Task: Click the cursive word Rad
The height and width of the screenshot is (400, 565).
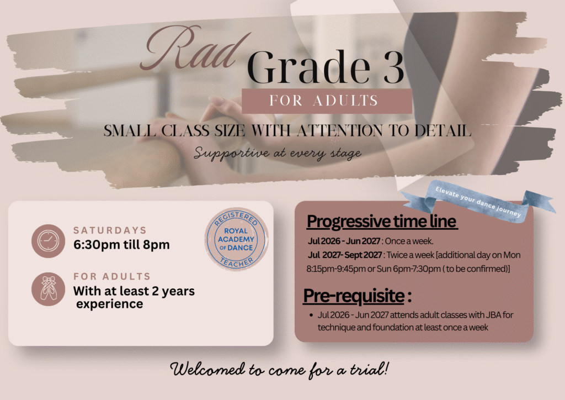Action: coord(195,49)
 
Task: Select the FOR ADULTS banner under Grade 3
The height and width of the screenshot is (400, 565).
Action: coord(327,101)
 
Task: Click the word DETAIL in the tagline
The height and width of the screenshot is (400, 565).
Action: coord(443,130)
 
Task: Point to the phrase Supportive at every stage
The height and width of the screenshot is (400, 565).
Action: coord(278,153)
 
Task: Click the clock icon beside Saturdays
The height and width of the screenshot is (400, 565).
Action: coord(49,241)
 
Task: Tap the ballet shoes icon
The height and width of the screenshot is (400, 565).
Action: coord(49,289)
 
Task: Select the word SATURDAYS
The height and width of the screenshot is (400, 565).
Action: coord(110,230)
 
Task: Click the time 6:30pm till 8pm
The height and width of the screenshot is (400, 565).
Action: coord(121,245)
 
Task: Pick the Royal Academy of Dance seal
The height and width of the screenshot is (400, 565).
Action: coord(236,239)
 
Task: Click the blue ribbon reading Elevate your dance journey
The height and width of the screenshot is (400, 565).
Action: coord(478,202)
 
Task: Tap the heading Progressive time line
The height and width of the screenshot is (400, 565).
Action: coord(382,222)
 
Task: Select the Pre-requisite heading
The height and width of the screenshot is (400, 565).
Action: coord(357,296)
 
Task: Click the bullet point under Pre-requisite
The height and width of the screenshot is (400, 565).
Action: coord(311,315)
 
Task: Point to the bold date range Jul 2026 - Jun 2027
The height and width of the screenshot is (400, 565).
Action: coord(344,241)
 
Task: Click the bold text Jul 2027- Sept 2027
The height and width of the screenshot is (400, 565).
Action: coord(345,255)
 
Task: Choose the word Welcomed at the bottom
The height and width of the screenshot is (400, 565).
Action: coord(207,370)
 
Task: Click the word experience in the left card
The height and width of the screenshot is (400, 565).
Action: coord(110,304)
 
